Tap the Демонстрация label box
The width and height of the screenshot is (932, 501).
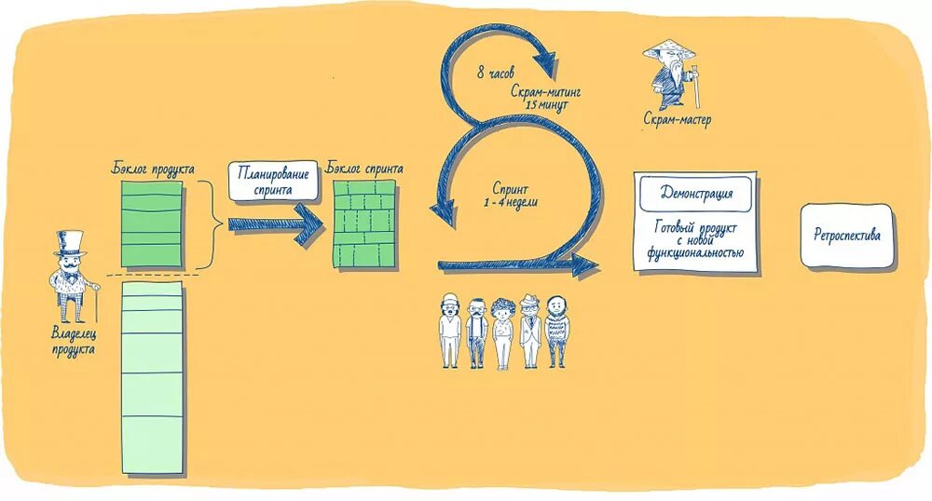[x=694, y=194]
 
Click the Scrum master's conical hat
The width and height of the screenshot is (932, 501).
[x=667, y=47]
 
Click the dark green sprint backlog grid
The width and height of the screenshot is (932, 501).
[x=364, y=223]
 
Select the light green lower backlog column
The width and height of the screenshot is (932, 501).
[x=152, y=377]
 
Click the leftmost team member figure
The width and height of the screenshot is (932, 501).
[x=450, y=331]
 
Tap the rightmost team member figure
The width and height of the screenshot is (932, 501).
[x=556, y=331]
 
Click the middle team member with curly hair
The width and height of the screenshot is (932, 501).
[x=503, y=331]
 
